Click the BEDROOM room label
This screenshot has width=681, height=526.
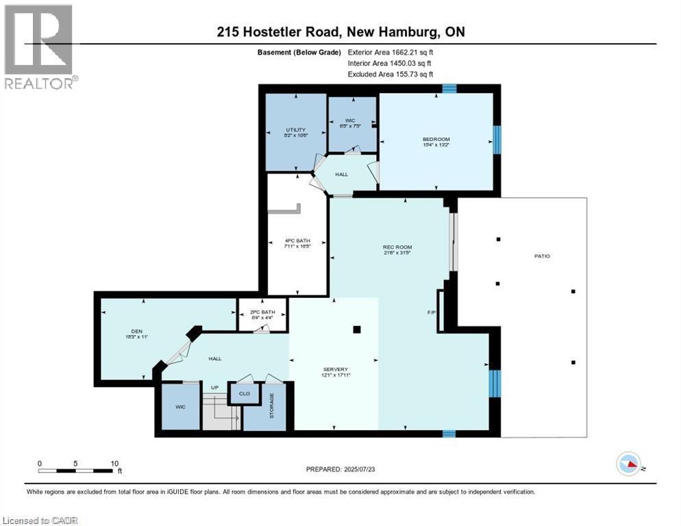coord(436,140)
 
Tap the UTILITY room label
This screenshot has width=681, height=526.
coord(296,129)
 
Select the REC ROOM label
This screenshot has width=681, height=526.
coord(397,247)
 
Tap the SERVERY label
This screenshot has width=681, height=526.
coord(334,369)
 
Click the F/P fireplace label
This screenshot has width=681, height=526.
coord(432,313)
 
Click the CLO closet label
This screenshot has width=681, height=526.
coord(244,394)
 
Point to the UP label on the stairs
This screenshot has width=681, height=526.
coord(214,388)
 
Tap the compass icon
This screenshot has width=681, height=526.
coord(628,464)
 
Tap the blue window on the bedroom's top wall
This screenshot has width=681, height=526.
coord(449,88)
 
